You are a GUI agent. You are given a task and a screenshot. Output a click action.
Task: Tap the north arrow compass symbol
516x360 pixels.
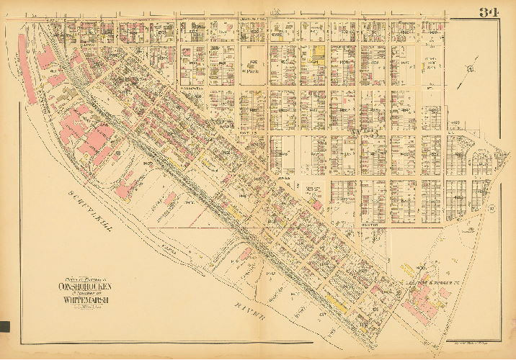click(469, 70)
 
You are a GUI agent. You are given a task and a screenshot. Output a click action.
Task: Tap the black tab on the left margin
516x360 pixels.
click(4, 325)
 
